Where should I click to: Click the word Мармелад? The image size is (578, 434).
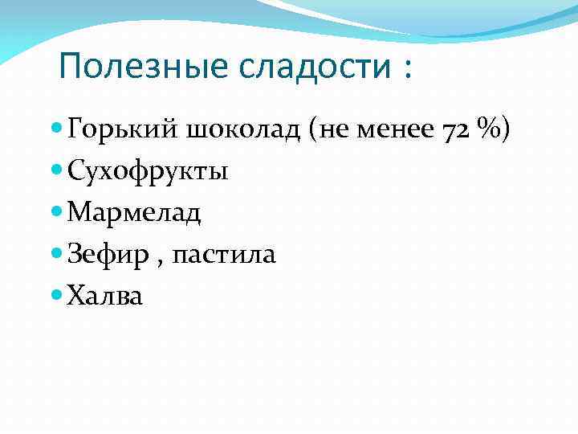(135, 214)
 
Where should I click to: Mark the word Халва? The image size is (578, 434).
(105, 297)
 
